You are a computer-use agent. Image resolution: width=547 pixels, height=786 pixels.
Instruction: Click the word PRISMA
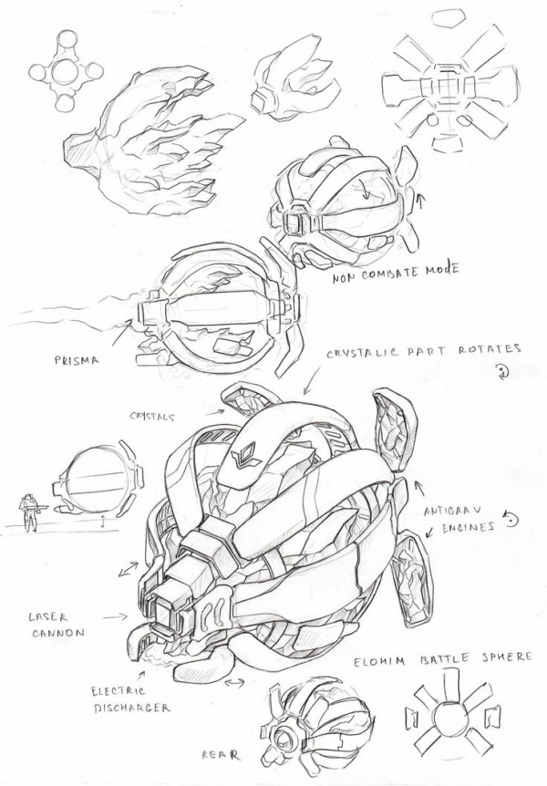pyautogui.click(x=77, y=360)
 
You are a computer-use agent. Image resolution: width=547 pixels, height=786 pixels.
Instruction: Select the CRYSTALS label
pyautogui.click(x=153, y=416)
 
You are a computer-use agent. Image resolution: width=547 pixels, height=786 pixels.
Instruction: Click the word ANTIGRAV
pyautogui.click(x=452, y=512)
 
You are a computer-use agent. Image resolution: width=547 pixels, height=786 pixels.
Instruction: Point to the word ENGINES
pyautogui.click(x=467, y=527)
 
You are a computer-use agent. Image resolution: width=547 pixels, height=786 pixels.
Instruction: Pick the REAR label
pyautogui.click(x=220, y=755)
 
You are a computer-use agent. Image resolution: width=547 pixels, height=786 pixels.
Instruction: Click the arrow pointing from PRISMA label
pyautogui.click(x=122, y=335)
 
